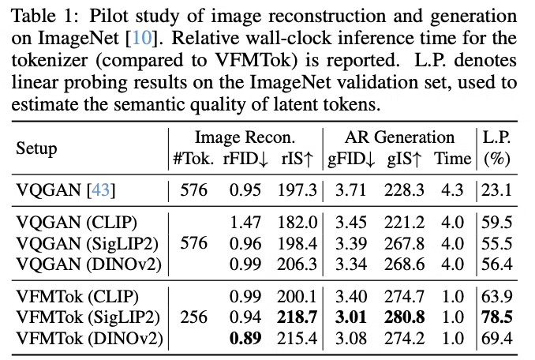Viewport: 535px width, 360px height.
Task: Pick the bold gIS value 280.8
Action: pyautogui.click(x=401, y=318)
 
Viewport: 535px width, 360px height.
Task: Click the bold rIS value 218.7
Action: pyautogui.click(x=295, y=318)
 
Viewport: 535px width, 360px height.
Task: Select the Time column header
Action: pyautogui.click(x=453, y=158)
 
